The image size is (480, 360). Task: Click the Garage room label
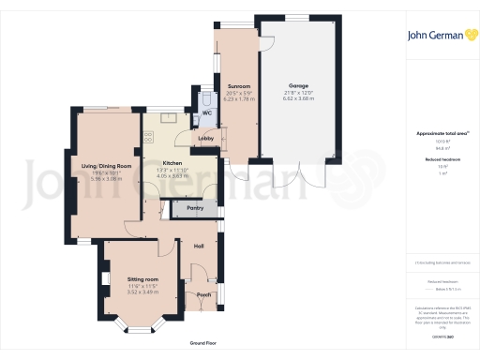coord(298,85)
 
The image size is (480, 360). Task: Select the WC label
coord(206,112)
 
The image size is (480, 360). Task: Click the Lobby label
coord(205,139)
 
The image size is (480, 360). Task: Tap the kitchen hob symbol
coord(148,138)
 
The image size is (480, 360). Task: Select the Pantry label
coord(196,207)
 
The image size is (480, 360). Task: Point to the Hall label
coord(199,246)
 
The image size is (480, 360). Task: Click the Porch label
coord(203,294)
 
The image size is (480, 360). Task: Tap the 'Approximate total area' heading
coord(440,134)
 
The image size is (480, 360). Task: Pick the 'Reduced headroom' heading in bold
coord(440,159)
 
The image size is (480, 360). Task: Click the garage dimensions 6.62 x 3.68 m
coord(298,98)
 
